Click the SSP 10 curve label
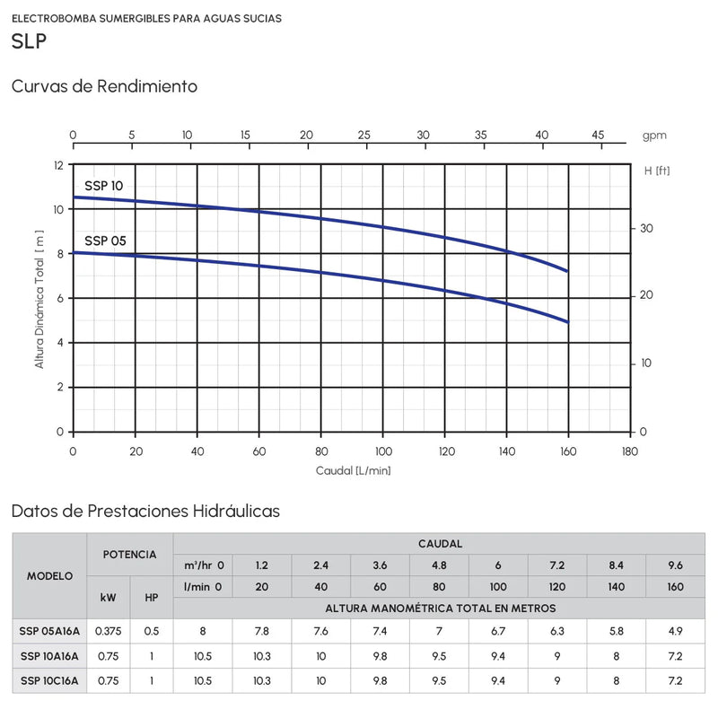click(x=104, y=186)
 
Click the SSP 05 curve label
click(x=105, y=241)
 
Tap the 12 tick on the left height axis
click(x=59, y=166)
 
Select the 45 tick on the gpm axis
click(x=598, y=135)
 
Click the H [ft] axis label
click(x=656, y=170)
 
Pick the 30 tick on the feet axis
click(x=644, y=228)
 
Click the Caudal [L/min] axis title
click(x=353, y=470)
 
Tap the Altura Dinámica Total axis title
click(x=39, y=299)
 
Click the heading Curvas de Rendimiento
click(x=104, y=87)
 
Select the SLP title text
click(x=30, y=42)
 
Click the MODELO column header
click(x=50, y=575)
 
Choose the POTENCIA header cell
click(x=130, y=555)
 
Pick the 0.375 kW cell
click(x=109, y=631)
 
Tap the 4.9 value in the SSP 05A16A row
click(x=676, y=631)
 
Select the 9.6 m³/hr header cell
click(x=676, y=565)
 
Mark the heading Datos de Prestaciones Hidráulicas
click(x=145, y=511)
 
